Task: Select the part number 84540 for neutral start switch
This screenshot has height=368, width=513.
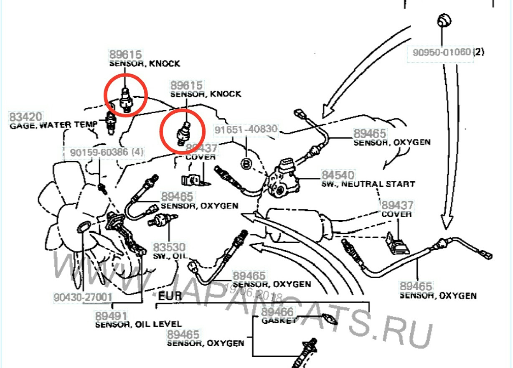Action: click(x=338, y=175)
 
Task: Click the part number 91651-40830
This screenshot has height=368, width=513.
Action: click(x=246, y=129)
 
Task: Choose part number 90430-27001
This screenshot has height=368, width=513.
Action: click(x=83, y=297)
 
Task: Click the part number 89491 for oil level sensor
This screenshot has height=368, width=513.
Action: click(x=111, y=316)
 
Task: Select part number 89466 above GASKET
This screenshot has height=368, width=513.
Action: click(x=277, y=312)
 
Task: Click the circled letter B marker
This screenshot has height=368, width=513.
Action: click(x=247, y=164)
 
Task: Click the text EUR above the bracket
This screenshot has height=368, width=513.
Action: click(x=170, y=297)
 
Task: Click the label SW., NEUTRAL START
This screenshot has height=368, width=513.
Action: click(x=368, y=184)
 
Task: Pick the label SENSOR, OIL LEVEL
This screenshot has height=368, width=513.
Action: click(x=138, y=324)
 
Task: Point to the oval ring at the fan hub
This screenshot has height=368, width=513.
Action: click(x=83, y=227)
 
